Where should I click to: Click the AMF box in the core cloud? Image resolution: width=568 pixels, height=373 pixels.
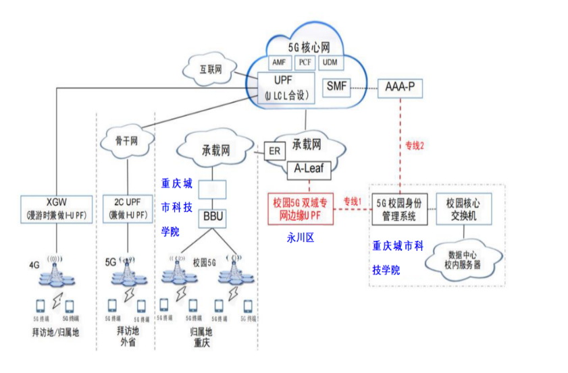tap(279, 62)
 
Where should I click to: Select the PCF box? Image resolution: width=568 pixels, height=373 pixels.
tap(305, 62)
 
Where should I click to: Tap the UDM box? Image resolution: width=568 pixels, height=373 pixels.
tap(330, 62)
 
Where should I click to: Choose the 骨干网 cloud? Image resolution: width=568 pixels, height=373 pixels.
tap(127, 140)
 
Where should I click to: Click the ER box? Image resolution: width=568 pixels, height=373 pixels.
tap(274, 151)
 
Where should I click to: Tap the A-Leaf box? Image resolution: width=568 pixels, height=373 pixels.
tap(310, 170)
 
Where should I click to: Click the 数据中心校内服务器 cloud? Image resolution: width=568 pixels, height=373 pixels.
tap(463, 260)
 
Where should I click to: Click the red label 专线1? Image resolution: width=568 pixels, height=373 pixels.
tap(353, 202)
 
